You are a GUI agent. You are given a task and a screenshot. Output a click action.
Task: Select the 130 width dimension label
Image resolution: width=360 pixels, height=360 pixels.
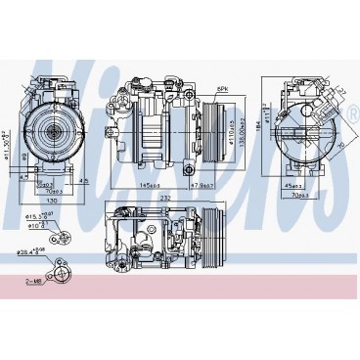pyautogui.click(x=50, y=190)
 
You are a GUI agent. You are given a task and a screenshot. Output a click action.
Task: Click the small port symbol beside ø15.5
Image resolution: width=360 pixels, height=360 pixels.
pyautogui.click(x=62, y=233)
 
